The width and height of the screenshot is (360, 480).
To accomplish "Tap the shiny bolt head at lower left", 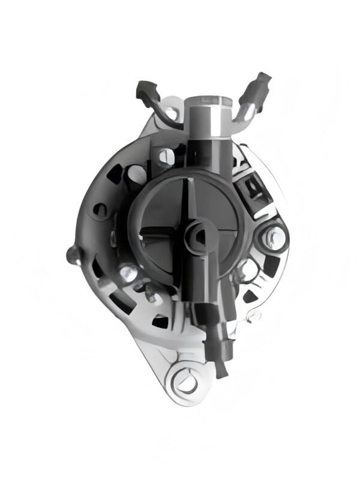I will pos(127,273).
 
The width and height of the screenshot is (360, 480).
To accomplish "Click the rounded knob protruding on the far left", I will pos(73,254).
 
